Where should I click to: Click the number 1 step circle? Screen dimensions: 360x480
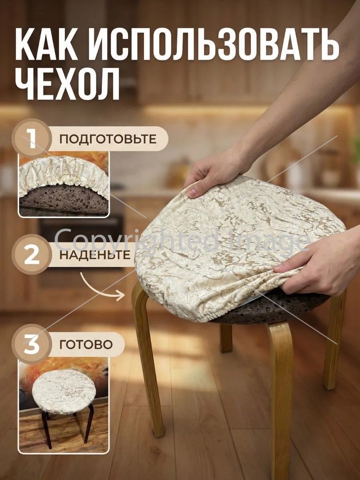tap(32, 139)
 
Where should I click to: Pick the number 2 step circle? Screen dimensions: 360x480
tap(32, 255)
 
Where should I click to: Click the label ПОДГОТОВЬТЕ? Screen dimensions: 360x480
tap(108, 139)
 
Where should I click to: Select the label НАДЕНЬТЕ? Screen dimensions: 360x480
tap(95, 255)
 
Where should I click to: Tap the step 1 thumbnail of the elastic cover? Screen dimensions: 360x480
tap(64, 184)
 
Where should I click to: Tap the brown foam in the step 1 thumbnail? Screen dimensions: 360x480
tap(63, 199)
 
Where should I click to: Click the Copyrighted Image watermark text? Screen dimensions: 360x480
tap(182, 238)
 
